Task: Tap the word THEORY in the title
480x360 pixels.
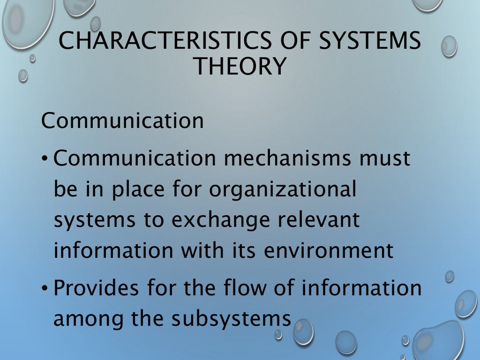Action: pyautogui.click(x=240, y=67)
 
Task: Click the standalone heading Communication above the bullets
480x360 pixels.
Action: pyautogui.click(x=122, y=121)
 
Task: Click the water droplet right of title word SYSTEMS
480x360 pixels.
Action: pyautogui.click(x=449, y=46)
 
